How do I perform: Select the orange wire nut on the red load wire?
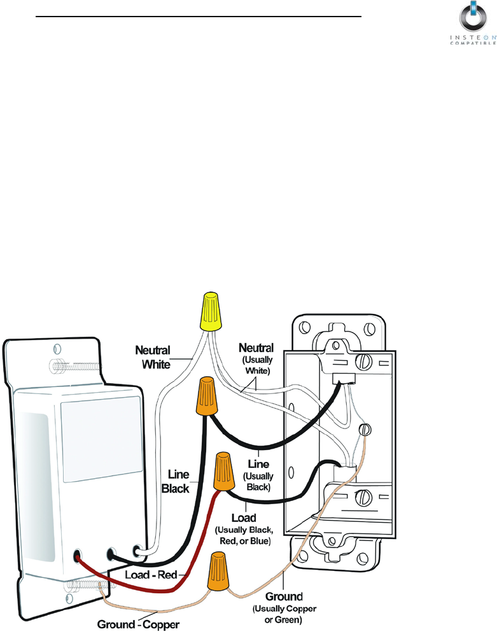click(x=223, y=470)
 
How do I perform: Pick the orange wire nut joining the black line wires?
click(x=206, y=397)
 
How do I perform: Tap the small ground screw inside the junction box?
click(x=364, y=430)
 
